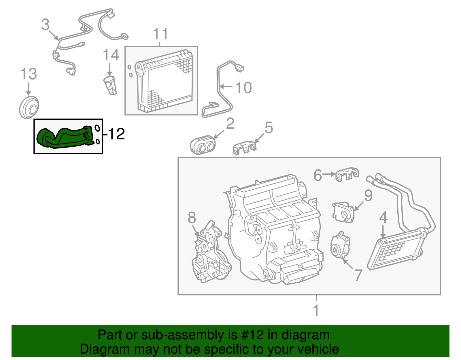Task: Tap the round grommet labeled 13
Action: [x=29, y=108]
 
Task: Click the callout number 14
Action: [x=111, y=55]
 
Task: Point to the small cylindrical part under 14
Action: [x=110, y=85]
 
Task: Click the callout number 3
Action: [x=45, y=25]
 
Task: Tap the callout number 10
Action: [x=243, y=88]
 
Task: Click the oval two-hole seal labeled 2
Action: [x=203, y=145]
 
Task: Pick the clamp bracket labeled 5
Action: [x=244, y=147]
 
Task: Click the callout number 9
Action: [x=368, y=196]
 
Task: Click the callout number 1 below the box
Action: [x=316, y=310]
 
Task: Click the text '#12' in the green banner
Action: [x=251, y=335]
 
